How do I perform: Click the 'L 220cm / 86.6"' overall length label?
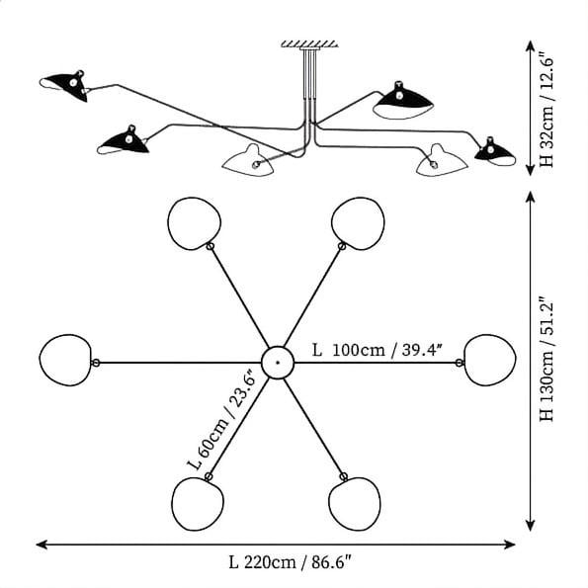click(291, 562)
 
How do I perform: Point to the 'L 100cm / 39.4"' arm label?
click(378, 350)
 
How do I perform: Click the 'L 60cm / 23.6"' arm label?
click(221, 420)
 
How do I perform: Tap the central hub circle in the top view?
click(278, 363)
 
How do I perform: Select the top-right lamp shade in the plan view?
click(358, 223)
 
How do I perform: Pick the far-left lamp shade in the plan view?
click(65, 360)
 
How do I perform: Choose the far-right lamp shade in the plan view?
click(490, 360)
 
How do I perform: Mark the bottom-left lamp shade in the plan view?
click(198, 504)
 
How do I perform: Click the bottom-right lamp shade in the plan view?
click(355, 504)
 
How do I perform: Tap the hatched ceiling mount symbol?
click(309, 43)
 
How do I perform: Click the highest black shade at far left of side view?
click(64, 86)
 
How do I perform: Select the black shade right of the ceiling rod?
click(403, 100)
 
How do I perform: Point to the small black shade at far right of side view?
click(495, 152)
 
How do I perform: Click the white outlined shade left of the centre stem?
click(248, 161)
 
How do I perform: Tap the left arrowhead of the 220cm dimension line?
click(42, 545)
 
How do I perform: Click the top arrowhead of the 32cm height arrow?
click(530, 45)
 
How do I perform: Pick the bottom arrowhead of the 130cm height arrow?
click(530, 526)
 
